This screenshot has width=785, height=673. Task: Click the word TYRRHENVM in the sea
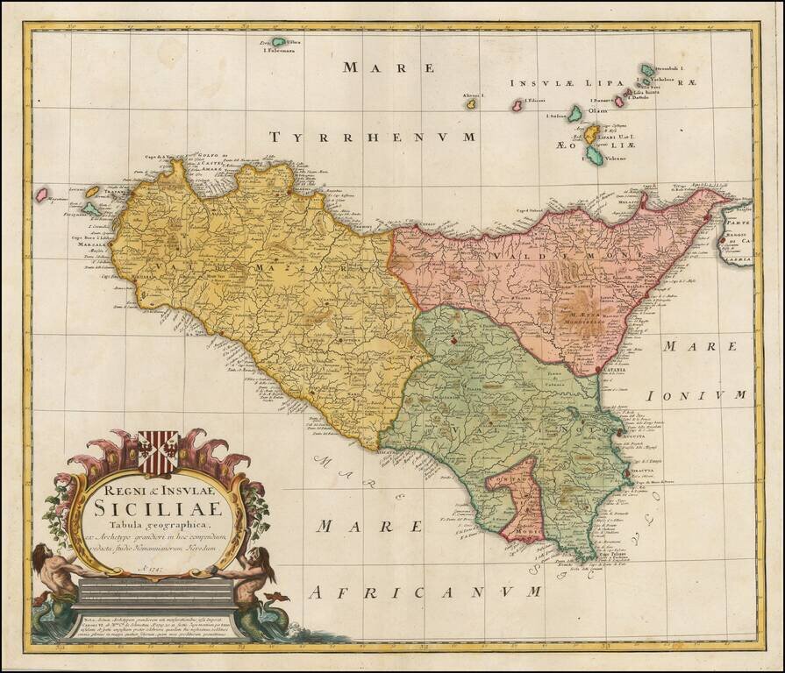tap(372, 138)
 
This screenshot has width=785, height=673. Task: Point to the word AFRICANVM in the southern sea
tap(425, 592)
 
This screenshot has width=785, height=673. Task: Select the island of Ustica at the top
tap(279, 41)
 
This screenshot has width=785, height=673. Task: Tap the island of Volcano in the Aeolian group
tap(594, 157)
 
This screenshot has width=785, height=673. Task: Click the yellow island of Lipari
tap(593, 132)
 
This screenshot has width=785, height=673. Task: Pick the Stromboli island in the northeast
tap(647, 69)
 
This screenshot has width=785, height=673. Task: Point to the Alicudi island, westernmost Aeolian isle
tap(470, 103)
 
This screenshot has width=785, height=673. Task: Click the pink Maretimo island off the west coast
tap(41, 195)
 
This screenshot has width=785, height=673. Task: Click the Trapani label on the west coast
tap(113, 191)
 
